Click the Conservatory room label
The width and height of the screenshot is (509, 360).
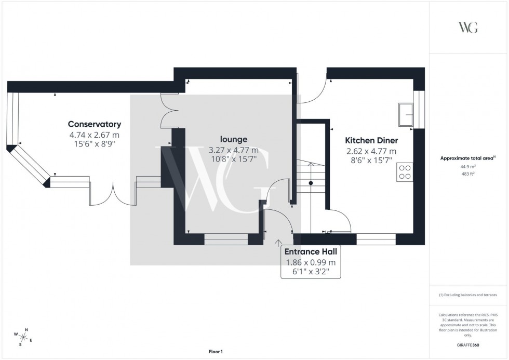coord(95,124)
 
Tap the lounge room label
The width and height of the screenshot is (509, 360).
coord(233,139)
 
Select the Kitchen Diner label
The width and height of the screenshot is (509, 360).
coord(371,141)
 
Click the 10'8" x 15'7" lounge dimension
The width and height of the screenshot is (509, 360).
coord(233,159)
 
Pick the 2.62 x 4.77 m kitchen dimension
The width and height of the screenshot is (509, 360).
coord(371,151)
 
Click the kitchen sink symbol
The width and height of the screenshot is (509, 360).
coord(405,114)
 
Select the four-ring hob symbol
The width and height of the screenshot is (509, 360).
coord(405,171)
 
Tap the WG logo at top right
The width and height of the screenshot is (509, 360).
coord(468,28)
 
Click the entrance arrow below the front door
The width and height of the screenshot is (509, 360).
coord(278,242)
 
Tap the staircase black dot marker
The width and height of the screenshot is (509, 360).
coord(311,183)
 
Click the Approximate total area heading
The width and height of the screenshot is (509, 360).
coord(468,158)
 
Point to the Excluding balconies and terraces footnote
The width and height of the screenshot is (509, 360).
coord(468,295)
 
